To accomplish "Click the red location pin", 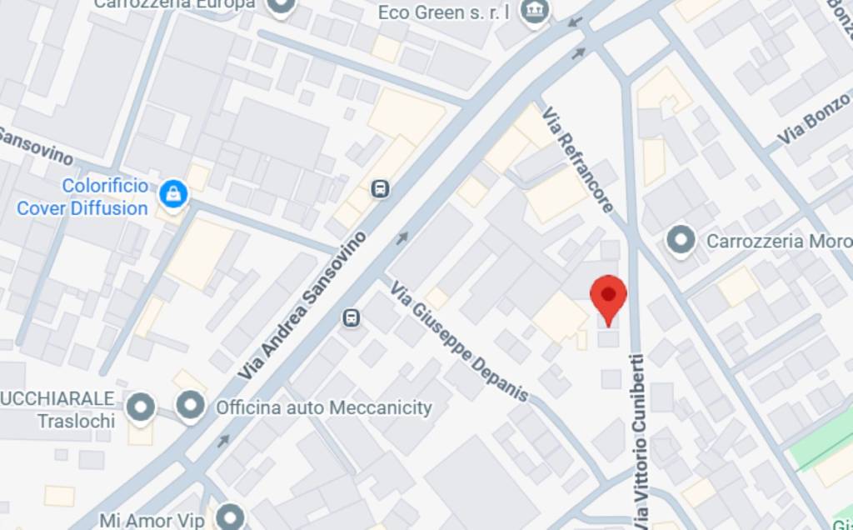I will tap(608, 298).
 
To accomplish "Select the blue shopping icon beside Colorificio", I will tap(173, 195).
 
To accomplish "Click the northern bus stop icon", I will tap(380, 189).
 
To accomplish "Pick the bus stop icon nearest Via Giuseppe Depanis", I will tap(352, 317).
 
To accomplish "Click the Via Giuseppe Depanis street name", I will tap(459, 339).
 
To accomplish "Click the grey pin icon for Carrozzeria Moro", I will tap(681, 241).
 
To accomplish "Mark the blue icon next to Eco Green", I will tap(533, 11).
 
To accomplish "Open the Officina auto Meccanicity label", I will tap(324, 407).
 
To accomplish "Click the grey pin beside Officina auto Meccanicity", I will tap(191, 407).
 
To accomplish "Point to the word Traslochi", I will tap(76, 421).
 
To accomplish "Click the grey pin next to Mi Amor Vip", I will tap(230, 517).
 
